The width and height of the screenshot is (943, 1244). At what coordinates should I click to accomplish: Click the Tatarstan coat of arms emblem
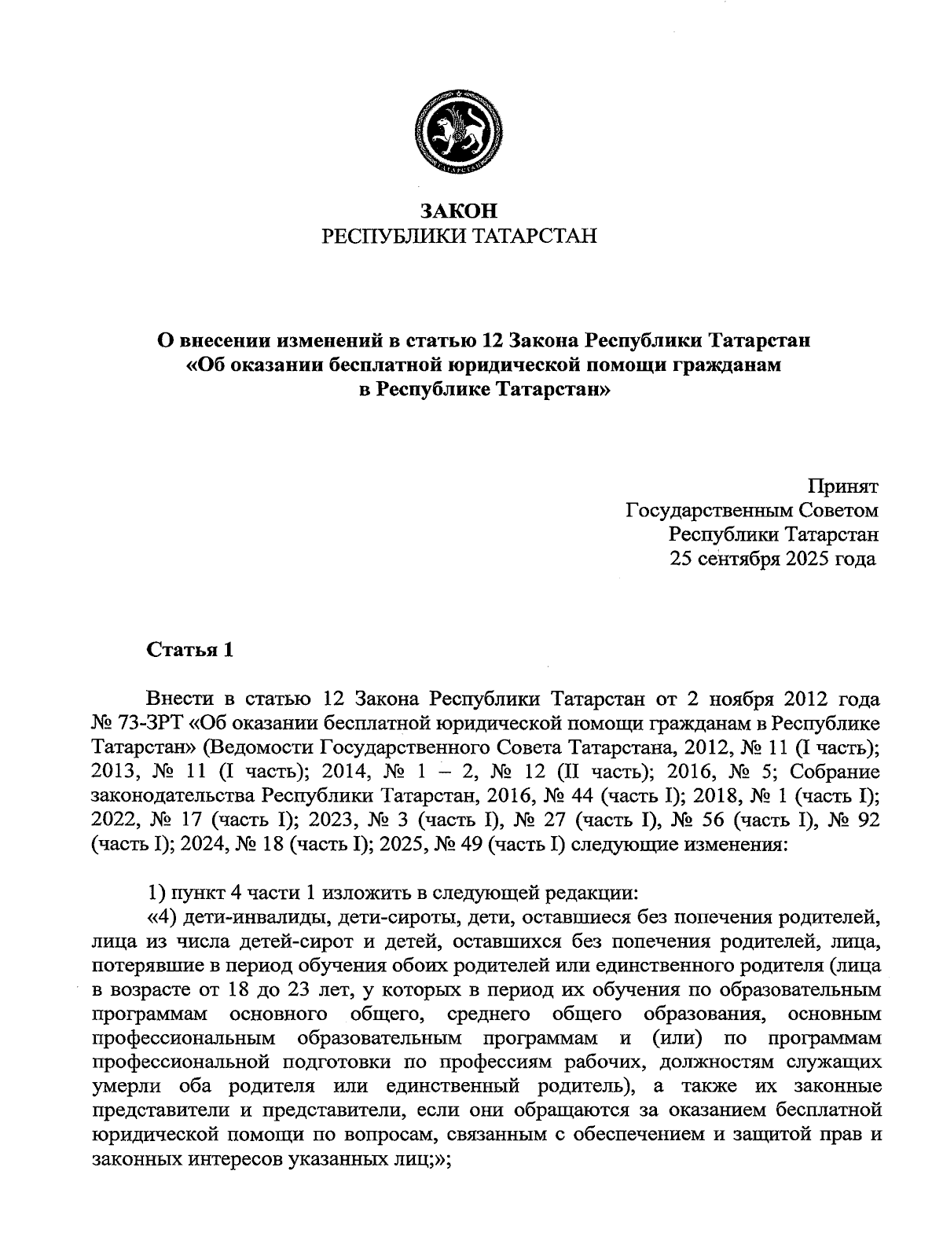[460, 131]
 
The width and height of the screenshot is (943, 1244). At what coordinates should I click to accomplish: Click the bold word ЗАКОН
[460, 211]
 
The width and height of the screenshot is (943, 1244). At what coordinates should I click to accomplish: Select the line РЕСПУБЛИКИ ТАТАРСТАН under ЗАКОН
[460, 236]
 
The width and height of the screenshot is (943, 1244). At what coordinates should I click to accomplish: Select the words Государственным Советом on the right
[752, 511]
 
